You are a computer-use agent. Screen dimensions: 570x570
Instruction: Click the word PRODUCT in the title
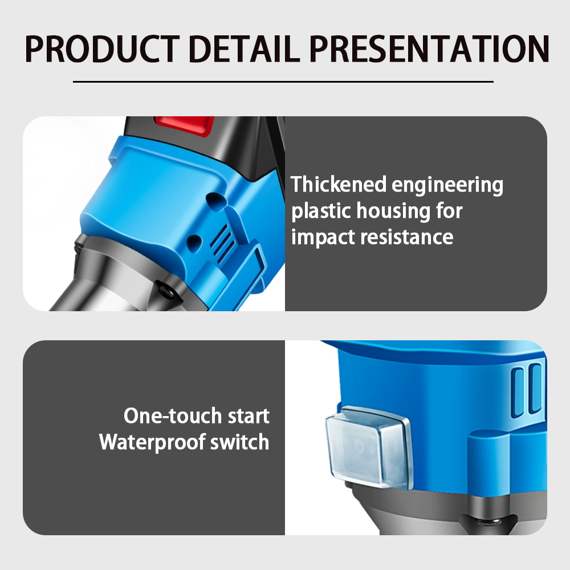[103, 48]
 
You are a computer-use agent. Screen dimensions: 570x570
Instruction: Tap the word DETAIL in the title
[244, 48]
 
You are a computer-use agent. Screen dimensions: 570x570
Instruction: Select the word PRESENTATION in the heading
[429, 48]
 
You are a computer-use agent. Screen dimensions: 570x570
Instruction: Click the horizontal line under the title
[283, 82]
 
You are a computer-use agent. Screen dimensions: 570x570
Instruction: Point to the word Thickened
[339, 184]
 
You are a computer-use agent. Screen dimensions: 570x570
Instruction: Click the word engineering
[447, 186]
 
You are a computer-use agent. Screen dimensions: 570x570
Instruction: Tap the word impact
[323, 238]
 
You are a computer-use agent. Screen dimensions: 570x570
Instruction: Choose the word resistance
[407, 237]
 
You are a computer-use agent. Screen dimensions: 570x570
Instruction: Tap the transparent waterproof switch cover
[368, 447]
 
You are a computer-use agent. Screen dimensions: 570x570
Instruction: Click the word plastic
[320, 211]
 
